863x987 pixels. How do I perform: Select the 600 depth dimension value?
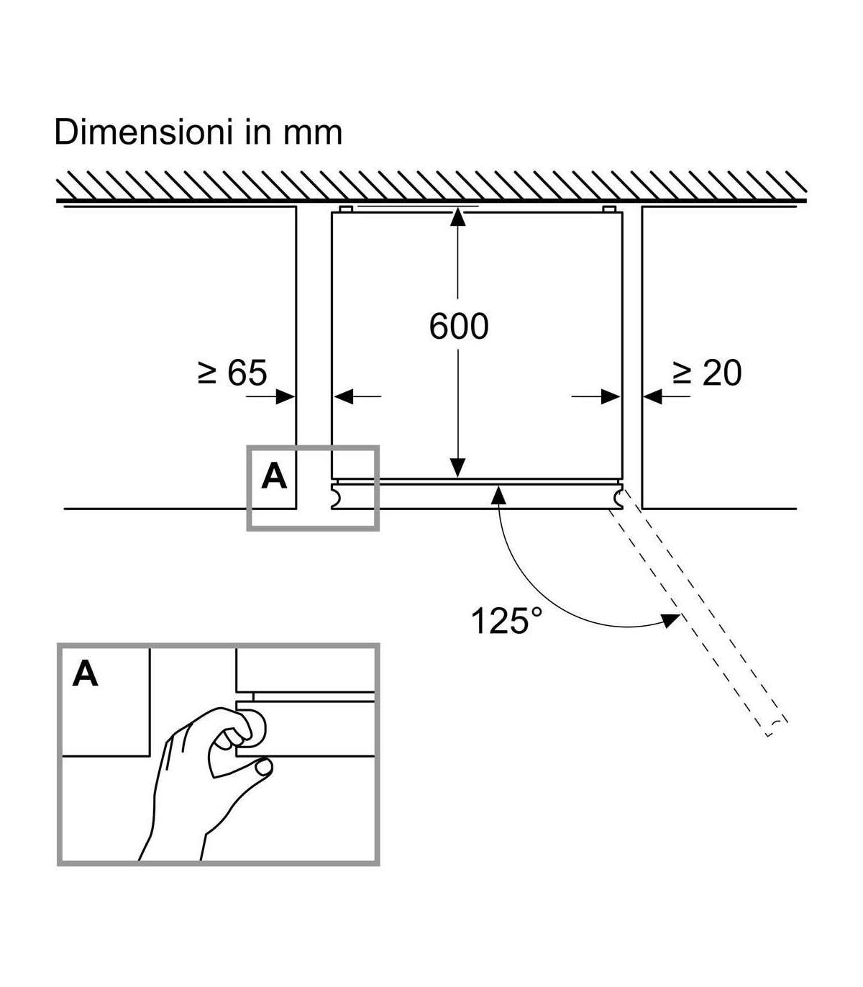[459, 326]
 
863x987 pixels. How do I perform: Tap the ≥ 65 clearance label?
[232, 373]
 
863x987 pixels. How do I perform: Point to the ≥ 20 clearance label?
[706, 373]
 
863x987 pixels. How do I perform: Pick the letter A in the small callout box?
[274, 476]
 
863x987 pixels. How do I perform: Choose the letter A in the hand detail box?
[86, 675]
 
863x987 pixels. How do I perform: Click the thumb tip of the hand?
[263, 769]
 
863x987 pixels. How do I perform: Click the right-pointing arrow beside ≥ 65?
[286, 396]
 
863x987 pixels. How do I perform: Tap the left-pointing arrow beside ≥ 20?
[652, 396]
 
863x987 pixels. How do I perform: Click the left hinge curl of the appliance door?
[337, 496]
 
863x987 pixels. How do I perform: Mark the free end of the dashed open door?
[776, 727]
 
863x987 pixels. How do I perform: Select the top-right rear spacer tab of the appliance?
[609, 209]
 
